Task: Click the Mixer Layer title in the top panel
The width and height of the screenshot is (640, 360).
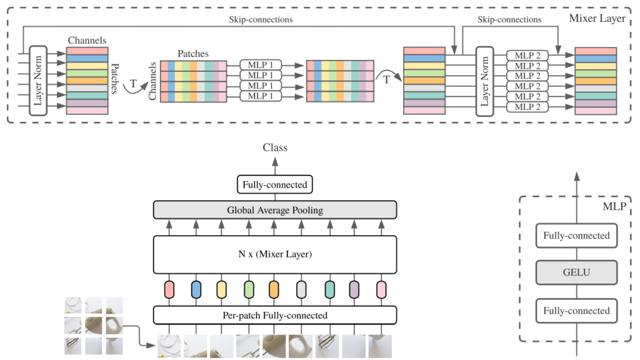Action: coord(597,19)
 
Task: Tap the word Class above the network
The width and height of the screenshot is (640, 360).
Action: coord(275,148)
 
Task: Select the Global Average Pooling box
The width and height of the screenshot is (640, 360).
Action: coord(275,210)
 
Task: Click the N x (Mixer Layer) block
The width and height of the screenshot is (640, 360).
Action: coord(275,254)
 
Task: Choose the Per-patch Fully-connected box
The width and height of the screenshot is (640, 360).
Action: coord(275,315)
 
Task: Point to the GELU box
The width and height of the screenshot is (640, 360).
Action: coord(576,273)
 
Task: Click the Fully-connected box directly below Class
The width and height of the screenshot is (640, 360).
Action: coord(275,184)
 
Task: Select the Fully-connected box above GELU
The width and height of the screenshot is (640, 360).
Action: coord(576,236)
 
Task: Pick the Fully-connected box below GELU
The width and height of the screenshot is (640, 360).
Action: coord(576,311)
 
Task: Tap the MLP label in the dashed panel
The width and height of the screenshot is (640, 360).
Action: coord(615,205)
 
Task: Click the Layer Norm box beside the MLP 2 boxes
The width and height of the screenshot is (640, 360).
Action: coord(485,81)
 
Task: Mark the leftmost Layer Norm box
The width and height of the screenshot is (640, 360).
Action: coord(38,81)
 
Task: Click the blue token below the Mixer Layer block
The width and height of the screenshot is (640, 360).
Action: coord(196,289)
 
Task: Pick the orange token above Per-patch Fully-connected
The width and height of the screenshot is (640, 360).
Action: coord(274,289)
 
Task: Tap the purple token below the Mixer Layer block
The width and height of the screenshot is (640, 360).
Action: coord(354,289)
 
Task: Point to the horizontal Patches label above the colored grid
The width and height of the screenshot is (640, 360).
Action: coord(193,54)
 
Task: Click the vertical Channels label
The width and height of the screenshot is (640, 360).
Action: coord(153,81)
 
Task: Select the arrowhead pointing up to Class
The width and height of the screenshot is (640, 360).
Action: coord(275,161)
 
